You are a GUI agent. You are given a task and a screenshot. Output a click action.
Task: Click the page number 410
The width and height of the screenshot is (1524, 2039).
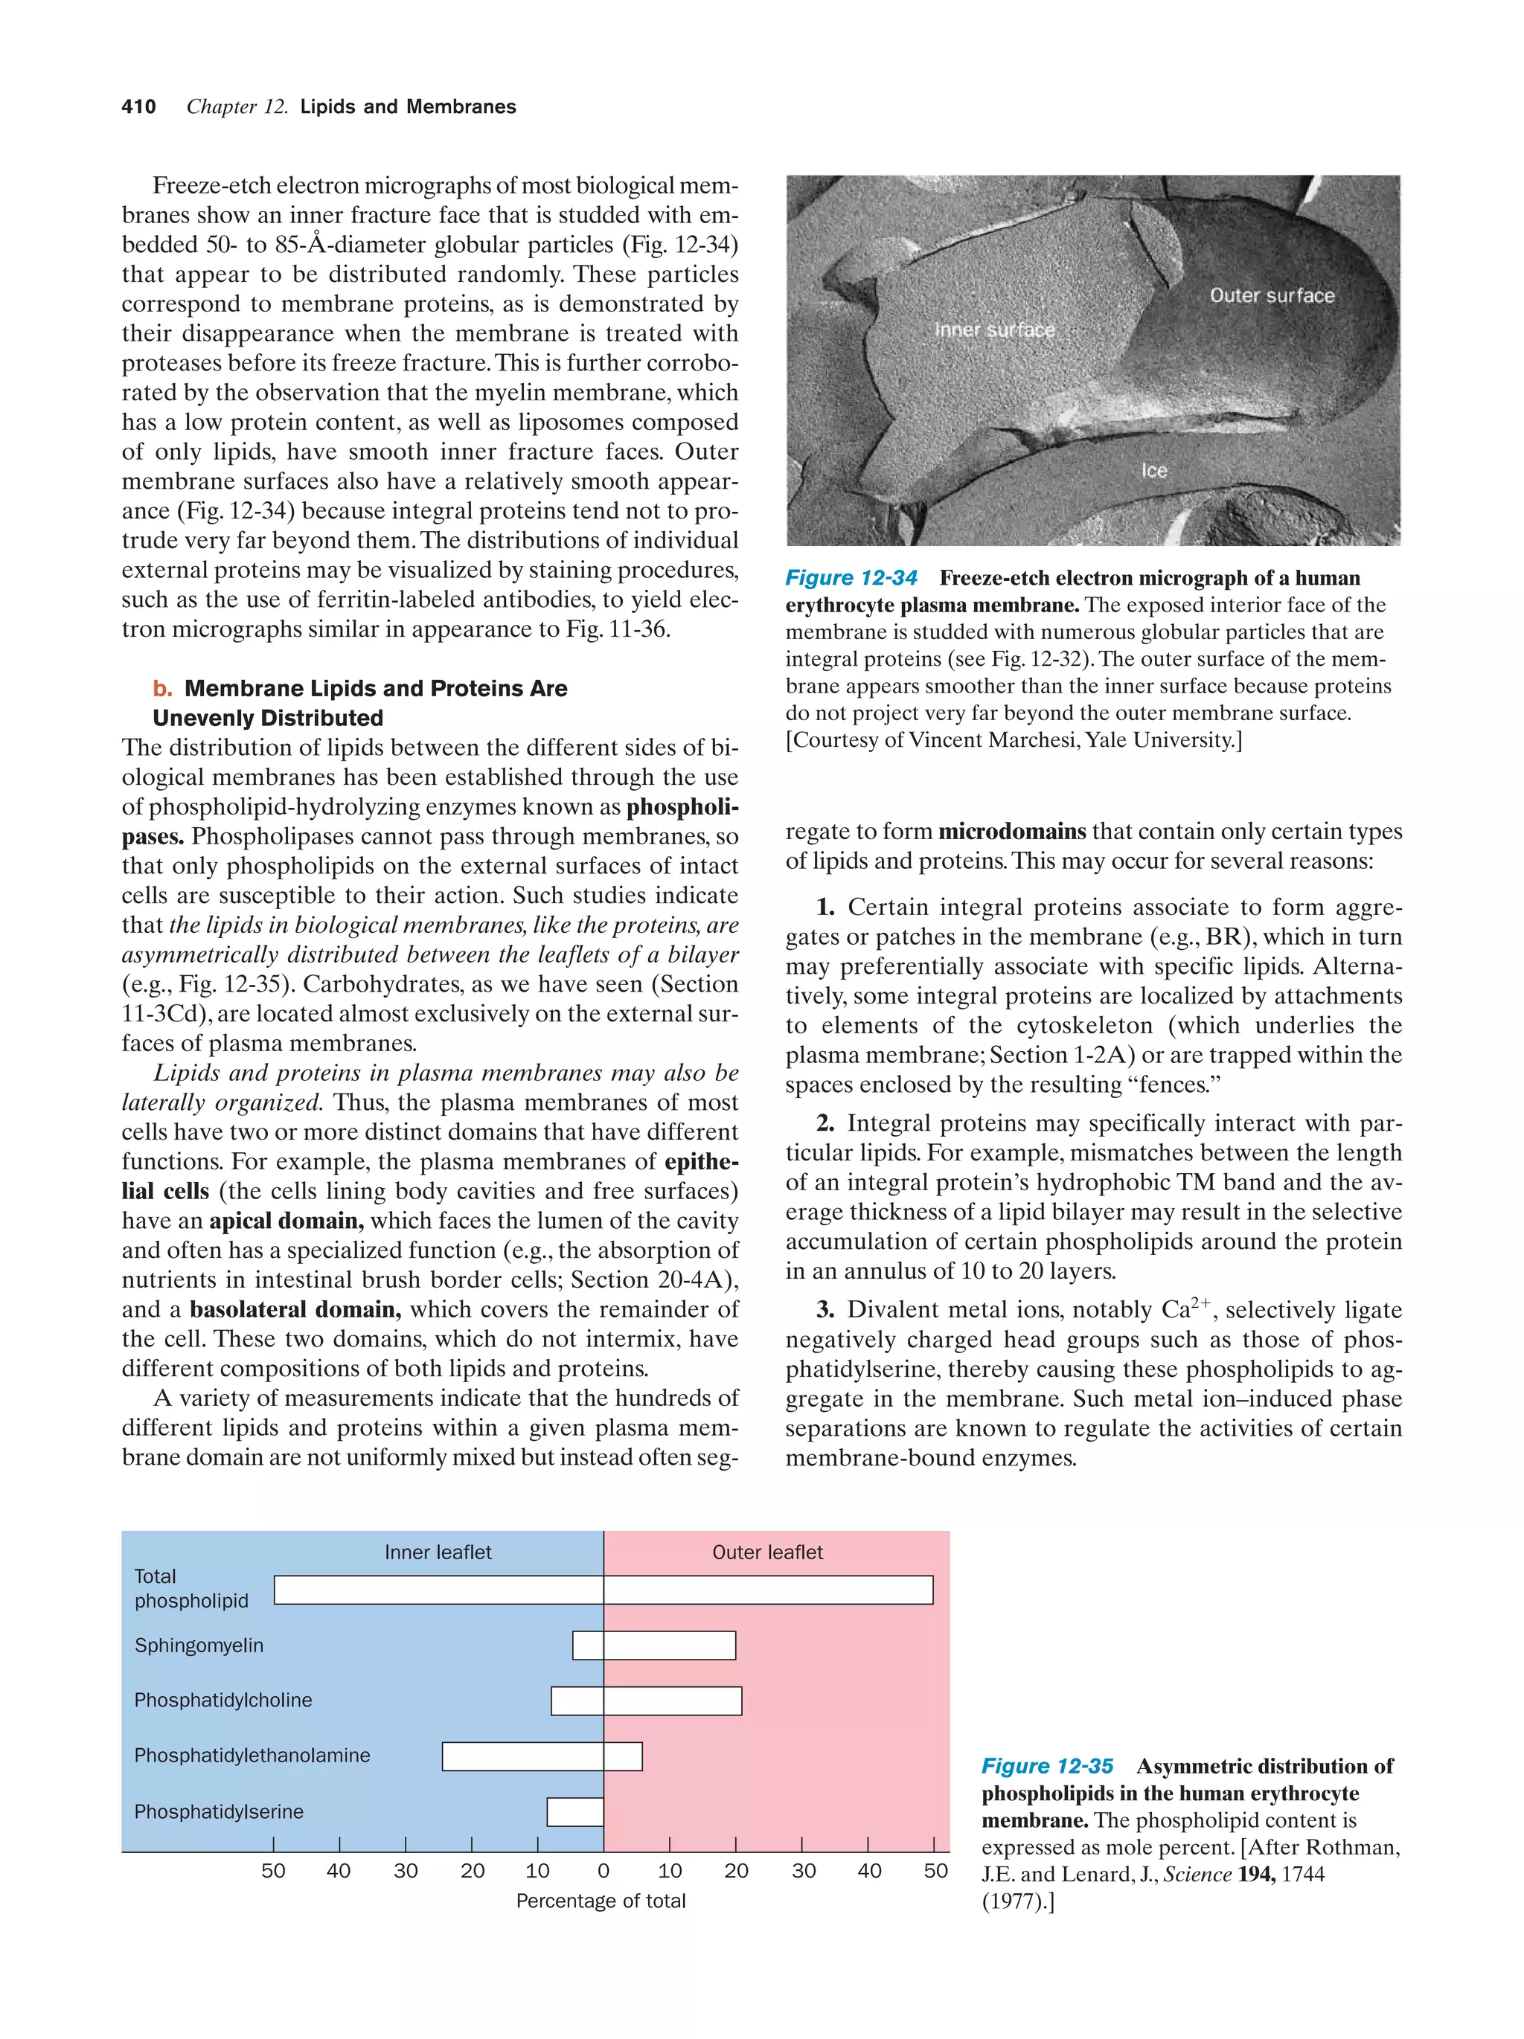coord(138,107)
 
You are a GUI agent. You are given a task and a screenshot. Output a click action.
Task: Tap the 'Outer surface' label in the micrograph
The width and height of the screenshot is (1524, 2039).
coord(1272,296)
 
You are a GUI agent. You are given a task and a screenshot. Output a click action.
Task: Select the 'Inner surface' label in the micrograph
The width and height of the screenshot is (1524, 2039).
coord(994,330)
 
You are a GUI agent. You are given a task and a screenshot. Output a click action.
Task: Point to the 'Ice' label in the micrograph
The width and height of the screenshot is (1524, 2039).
coord(1154,471)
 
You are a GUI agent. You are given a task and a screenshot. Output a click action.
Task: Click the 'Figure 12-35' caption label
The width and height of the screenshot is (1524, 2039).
coord(1046,1766)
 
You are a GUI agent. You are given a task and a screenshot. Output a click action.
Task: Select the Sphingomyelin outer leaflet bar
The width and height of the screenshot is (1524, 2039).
coord(669,1645)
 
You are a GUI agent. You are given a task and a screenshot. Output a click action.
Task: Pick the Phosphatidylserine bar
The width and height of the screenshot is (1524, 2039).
coord(575,1811)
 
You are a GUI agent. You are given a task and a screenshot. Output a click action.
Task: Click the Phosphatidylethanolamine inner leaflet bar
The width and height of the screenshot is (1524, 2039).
coord(522,1756)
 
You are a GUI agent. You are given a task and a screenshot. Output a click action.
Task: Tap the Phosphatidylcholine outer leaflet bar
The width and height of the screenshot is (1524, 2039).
coord(672,1701)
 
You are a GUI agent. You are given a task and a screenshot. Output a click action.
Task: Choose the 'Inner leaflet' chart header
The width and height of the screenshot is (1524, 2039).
coord(438,1552)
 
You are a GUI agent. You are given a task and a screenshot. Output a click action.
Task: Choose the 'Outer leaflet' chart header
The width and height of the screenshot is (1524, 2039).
coord(767,1552)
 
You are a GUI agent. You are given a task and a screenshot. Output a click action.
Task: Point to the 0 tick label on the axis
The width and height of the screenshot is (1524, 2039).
coord(604,1870)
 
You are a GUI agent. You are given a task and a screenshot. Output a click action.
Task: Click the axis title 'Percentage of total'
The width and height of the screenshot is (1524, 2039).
coord(601,1901)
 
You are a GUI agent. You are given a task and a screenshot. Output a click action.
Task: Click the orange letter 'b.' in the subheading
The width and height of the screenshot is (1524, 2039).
coord(163,689)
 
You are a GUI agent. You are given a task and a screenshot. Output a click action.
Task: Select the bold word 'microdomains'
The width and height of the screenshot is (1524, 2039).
coord(1011,832)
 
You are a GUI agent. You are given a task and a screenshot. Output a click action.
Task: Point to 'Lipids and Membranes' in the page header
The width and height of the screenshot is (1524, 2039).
coord(408,107)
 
